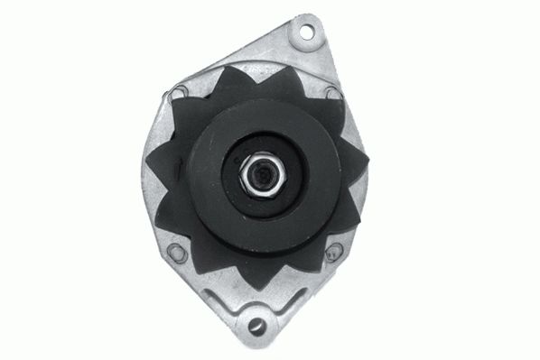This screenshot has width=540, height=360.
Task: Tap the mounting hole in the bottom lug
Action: (x=256, y=325)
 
